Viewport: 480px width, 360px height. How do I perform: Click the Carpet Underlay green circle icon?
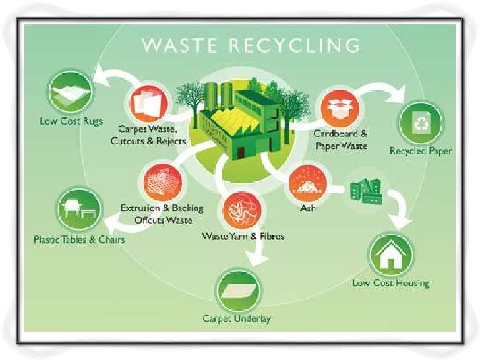click(x=237, y=291)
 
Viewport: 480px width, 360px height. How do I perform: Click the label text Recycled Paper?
click(x=421, y=151)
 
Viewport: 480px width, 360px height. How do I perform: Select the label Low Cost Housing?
click(x=390, y=284)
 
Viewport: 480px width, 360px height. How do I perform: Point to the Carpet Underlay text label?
click(x=237, y=319)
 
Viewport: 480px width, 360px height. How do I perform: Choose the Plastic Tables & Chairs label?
click(x=78, y=239)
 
